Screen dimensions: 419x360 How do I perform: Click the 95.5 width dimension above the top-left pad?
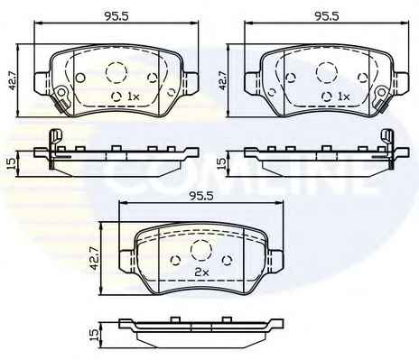pyautogui.click(x=116, y=16)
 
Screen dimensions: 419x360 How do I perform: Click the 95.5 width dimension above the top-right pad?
pyautogui.click(x=327, y=16)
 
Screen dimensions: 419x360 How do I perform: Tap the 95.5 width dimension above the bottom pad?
pyautogui.click(x=200, y=196)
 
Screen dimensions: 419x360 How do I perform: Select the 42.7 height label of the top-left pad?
pyautogui.click(x=13, y=80)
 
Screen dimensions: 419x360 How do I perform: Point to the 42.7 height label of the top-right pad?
pyautogui.click(x=223, y=80)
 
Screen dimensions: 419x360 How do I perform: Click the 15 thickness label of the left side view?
pyautogui.click(x=11, y=163)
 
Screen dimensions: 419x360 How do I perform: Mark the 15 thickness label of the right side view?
pyautogui.click(x=221, y=163)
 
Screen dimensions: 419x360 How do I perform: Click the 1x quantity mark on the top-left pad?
pyautogui.click(x=133, y=97)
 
